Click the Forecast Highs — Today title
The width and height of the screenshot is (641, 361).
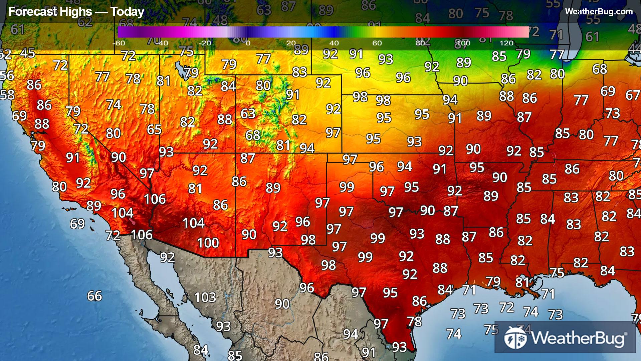pos(76,12)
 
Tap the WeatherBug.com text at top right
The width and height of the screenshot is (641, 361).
pos(599,12)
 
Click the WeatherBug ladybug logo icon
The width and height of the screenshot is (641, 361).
pos(515,338)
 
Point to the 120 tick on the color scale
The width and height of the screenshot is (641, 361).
pos(506,43)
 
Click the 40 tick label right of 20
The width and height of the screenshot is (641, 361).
pos(334,43)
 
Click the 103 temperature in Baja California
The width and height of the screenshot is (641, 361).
pos(205,297)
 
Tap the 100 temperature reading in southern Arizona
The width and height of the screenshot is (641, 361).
pos(208,243)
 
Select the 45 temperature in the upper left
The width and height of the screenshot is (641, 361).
pos(27,53)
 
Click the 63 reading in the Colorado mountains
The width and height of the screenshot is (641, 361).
pos(248,114)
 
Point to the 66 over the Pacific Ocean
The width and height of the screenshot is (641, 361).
pos(94,296)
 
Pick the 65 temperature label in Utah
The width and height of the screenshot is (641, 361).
pos(154,129)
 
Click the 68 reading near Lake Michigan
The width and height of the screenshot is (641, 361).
pos(600,69)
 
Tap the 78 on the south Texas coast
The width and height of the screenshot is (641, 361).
pos(414,322)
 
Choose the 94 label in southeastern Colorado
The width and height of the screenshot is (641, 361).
pos(307,148)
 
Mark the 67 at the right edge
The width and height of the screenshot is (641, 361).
pos(632,95)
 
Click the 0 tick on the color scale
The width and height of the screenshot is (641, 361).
pos(248,43)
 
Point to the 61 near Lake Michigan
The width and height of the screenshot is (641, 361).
pos(592,37)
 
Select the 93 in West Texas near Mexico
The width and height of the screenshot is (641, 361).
pos(275,253)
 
